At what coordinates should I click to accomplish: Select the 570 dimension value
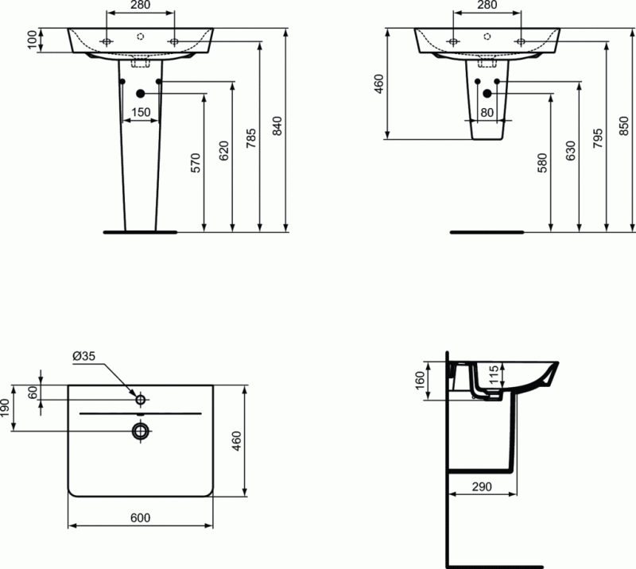pyautogui.click(x=196, y=162)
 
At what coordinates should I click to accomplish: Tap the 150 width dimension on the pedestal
pyautogui.click(x=141, y=113)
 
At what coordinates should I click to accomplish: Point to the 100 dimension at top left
pyautogui.click(x=33, y=41)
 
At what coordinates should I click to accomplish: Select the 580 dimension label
pyautogui.click(x=542, y=162)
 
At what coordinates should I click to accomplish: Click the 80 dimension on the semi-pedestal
pyautogui.click(x=487, y=112)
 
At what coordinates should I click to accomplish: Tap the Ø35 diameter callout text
pyautogui.click(x=83, y=357)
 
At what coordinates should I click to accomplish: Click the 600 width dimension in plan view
pyautogui.click(x=140, y=517)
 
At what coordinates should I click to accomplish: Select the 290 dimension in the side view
pyautogui.click(x=482, y=486)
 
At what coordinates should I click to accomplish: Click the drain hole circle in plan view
pyautogui.click(x=141, y=431)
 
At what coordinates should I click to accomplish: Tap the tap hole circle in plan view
pyautogui.click(x=141, y=398)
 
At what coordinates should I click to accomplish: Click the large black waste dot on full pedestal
pyautogui.click(x=141, y=94)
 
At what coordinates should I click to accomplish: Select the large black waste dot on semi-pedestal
pyautogui.click(x=487, y=94)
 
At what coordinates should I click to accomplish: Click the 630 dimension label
pyautogui.click(x=570, y=152)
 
